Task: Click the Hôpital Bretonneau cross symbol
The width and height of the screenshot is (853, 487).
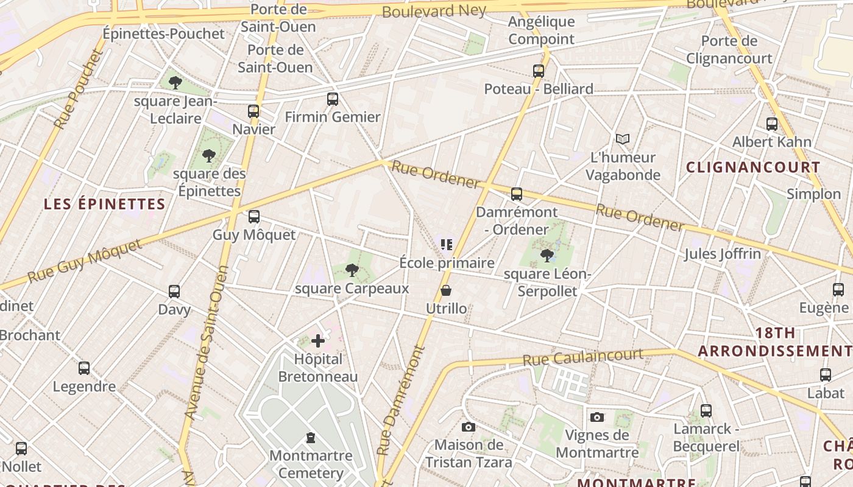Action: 318,341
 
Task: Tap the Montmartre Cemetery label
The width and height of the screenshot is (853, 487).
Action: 311,464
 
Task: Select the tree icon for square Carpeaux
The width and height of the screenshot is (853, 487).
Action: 352,270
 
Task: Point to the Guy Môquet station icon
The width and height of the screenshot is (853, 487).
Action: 254,217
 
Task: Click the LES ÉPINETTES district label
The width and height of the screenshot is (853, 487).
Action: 105,204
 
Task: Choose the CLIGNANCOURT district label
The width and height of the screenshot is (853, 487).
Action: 753,167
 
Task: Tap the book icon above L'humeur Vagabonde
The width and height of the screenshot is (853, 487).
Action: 622,139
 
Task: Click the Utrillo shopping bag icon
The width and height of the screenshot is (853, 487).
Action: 446,290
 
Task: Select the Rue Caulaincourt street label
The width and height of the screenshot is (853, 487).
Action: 582,357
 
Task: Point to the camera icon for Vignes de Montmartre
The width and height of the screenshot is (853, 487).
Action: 597,417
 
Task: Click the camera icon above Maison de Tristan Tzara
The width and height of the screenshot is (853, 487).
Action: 468,427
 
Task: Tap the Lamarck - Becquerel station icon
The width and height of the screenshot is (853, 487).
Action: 706,411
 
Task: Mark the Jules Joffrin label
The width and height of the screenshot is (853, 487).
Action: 723,253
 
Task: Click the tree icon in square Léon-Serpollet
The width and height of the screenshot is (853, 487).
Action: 547,255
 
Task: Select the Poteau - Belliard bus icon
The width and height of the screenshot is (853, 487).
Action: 539,71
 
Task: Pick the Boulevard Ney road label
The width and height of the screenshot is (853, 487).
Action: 434,11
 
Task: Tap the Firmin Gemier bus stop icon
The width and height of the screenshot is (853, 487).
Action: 333,99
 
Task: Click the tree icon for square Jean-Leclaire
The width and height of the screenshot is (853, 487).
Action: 175,82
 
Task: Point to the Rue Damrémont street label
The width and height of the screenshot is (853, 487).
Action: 400,401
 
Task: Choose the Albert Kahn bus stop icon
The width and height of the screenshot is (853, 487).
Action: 772,124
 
